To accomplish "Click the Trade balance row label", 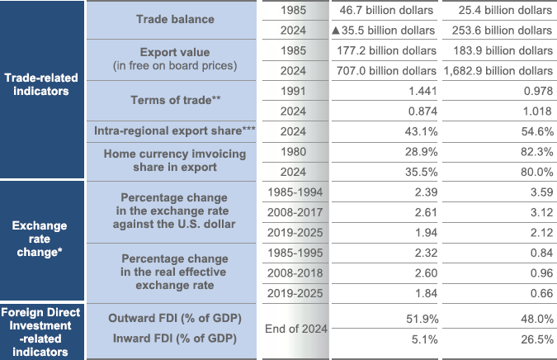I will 175,19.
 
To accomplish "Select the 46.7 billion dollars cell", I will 386,11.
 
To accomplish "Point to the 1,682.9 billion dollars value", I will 498,71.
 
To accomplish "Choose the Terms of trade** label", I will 175,100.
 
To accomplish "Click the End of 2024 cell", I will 294,328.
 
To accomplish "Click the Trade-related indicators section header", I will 41,84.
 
